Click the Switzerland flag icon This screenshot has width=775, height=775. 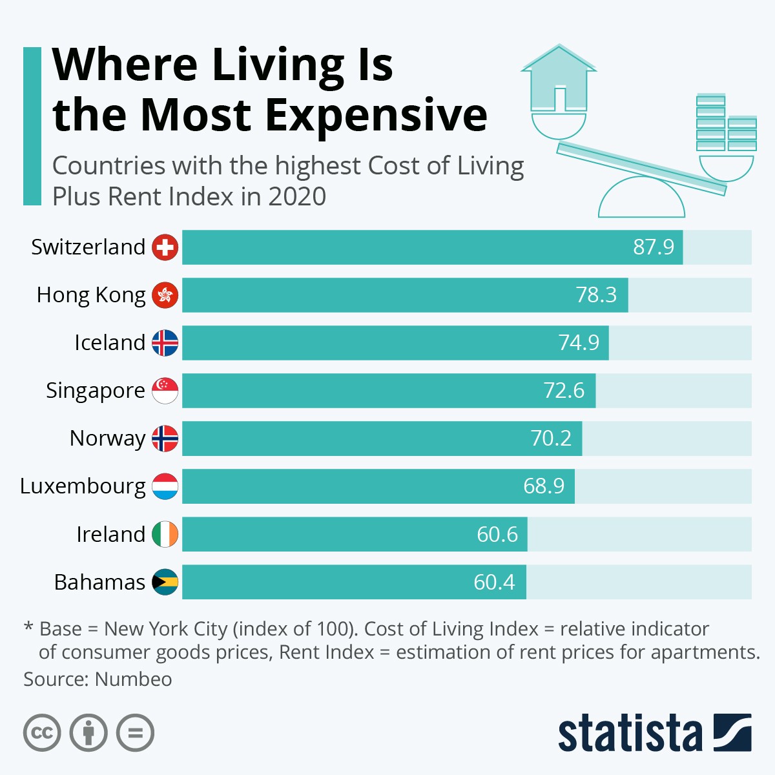pos(165,247)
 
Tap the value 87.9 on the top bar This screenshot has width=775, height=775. pos(654,247)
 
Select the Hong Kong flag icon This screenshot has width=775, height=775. pos(165,295)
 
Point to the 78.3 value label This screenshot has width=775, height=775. pos(596,295)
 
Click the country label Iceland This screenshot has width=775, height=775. pos(109,342)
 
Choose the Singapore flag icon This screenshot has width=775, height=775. pos(165,391)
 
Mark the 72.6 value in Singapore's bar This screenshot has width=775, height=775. pos(564,391)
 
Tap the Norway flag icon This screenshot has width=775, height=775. pos(165,439)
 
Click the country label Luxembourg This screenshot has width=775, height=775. pos(83,486)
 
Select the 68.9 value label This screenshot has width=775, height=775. pos(544,486)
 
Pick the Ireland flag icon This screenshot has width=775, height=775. pos(165,534)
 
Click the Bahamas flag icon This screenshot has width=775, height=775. pos(165,582)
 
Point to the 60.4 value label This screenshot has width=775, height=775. pos(494,582)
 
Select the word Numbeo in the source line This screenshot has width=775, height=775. pos(133,679)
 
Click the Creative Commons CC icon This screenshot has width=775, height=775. pos(42,733)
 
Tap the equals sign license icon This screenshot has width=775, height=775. pos(136,733)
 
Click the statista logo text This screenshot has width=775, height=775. pos(629,734)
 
